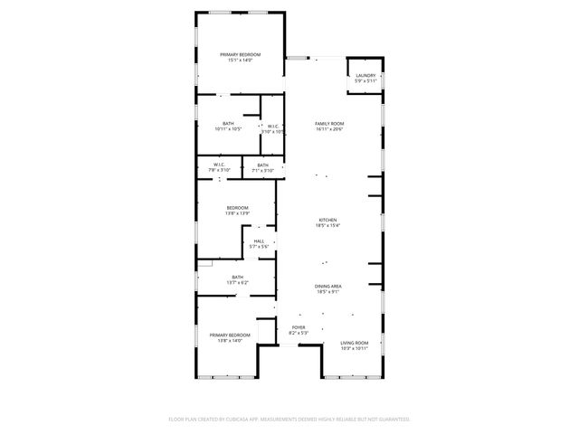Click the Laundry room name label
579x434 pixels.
[x=365, y=75]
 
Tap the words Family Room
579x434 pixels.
[x=329, y=123]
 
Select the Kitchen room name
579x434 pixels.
[x=327, y=220]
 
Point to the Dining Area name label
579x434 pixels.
[x=328, y=286]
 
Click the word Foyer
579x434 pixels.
[x=299, y=327]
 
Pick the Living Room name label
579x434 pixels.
[x=354, y=343]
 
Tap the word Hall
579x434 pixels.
[x=259, y=241]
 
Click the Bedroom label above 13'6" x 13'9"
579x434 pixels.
[x=237, y=207]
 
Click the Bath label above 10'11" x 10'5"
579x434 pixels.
[x=228, y=123]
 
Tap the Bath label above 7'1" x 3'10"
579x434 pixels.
[x=262, y=165]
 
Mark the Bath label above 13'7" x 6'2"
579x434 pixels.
[x=237, y=277]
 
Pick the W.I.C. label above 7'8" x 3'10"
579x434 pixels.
[x=220, y=165]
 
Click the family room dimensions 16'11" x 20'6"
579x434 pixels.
[x=329, y=129]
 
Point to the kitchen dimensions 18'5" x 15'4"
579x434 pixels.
[x=327, y=226]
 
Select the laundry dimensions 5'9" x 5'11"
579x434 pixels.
[x=365, y=81]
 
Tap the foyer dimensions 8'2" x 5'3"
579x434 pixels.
[x=299, y=334]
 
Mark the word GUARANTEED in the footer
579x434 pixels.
[x=392, y=420]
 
